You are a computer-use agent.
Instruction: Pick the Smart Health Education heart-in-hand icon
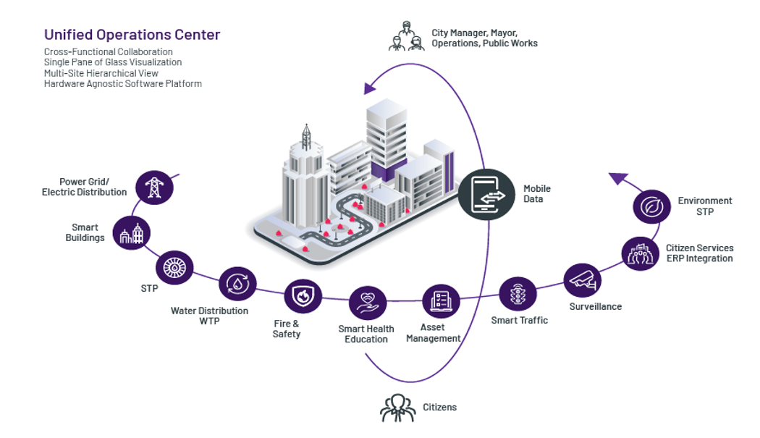[x=367, y=303]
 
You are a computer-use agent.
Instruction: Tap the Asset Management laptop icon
[x=441, y=300]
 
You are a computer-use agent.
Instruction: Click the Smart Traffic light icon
[x=518, y=295]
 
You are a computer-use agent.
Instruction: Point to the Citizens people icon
[x=398, y=408]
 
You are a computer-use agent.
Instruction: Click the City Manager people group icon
[x=406, y=36]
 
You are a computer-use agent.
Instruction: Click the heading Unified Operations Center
[x=132, y=34]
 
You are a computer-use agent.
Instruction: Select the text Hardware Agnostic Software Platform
[x=122, y=84]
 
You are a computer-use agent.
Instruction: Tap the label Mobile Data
[x=537, y=193]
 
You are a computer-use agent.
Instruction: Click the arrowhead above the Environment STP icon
[x=617, y=177]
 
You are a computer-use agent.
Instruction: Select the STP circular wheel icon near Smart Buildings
[x=174, y=266]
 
